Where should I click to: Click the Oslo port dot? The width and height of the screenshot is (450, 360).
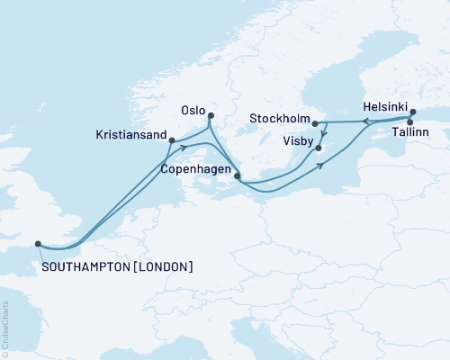211,115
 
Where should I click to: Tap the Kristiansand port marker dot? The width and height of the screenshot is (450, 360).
172,140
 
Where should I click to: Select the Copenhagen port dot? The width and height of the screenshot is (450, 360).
237,176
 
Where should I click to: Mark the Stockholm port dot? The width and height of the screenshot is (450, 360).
315,123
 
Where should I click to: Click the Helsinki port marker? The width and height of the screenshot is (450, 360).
413,112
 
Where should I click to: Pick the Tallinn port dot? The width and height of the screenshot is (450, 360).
410,121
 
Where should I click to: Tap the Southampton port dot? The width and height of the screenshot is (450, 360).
38,243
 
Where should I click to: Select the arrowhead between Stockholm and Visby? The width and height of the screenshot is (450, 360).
324,136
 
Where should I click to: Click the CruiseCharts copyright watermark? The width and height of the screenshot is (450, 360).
5,328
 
